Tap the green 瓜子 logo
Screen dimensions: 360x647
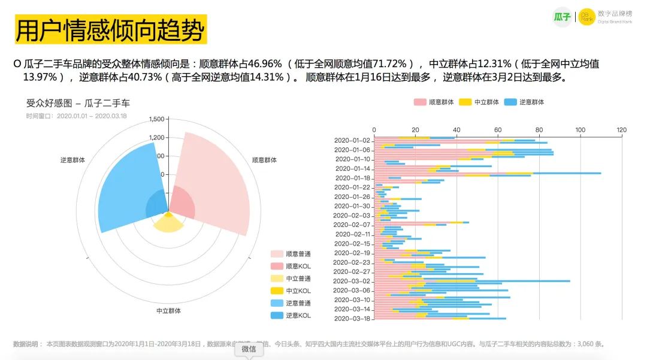pos(562,17)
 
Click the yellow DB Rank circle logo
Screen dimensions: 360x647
pos(587,17)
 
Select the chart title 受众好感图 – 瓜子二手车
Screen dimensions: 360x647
pos(78,103)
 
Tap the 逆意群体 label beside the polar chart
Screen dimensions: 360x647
pos(72,160)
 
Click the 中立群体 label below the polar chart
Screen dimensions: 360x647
pos(168,311)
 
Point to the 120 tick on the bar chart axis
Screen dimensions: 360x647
pos(621,130)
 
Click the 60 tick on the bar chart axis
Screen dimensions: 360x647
pos(498,130)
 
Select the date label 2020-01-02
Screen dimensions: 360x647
pos(352,140)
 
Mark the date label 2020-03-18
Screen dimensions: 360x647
pos(352,319)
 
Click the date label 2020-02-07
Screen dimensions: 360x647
pos(352,225)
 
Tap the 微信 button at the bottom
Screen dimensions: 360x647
pos(249,349)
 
